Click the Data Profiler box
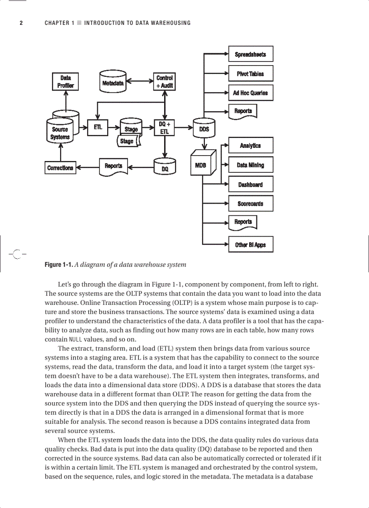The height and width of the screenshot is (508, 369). (x=66, y=81)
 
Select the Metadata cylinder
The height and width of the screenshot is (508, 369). (x=113, y=81)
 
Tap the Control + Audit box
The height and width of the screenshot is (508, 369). (x=165, y=81)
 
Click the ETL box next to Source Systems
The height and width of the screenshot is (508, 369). (x=98, y=127)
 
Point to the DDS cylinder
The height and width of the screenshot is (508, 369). (x=204, y=128)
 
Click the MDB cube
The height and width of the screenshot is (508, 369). (x=201, y=165)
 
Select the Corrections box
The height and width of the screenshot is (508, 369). (x=60, y=168)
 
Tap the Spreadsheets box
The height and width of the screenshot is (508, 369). (x=251, y=54)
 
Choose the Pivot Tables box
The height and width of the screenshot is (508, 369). (x=251, y=74)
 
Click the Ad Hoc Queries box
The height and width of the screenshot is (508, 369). (x=251, y=93)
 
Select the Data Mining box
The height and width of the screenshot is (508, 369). (x=251, y=165)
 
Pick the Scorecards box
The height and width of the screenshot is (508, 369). (x=251, y=204)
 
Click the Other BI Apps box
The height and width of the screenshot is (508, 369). (x=251, y=245)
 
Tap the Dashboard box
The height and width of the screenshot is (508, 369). (x=251, y=185)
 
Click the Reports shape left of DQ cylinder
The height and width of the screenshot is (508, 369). (x=114, y=166)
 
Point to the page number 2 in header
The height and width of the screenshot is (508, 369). (x=21, y=23)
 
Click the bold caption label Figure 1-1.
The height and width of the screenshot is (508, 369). (x=58, y=265)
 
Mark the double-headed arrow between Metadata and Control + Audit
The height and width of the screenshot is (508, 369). (x=140, y=82)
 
